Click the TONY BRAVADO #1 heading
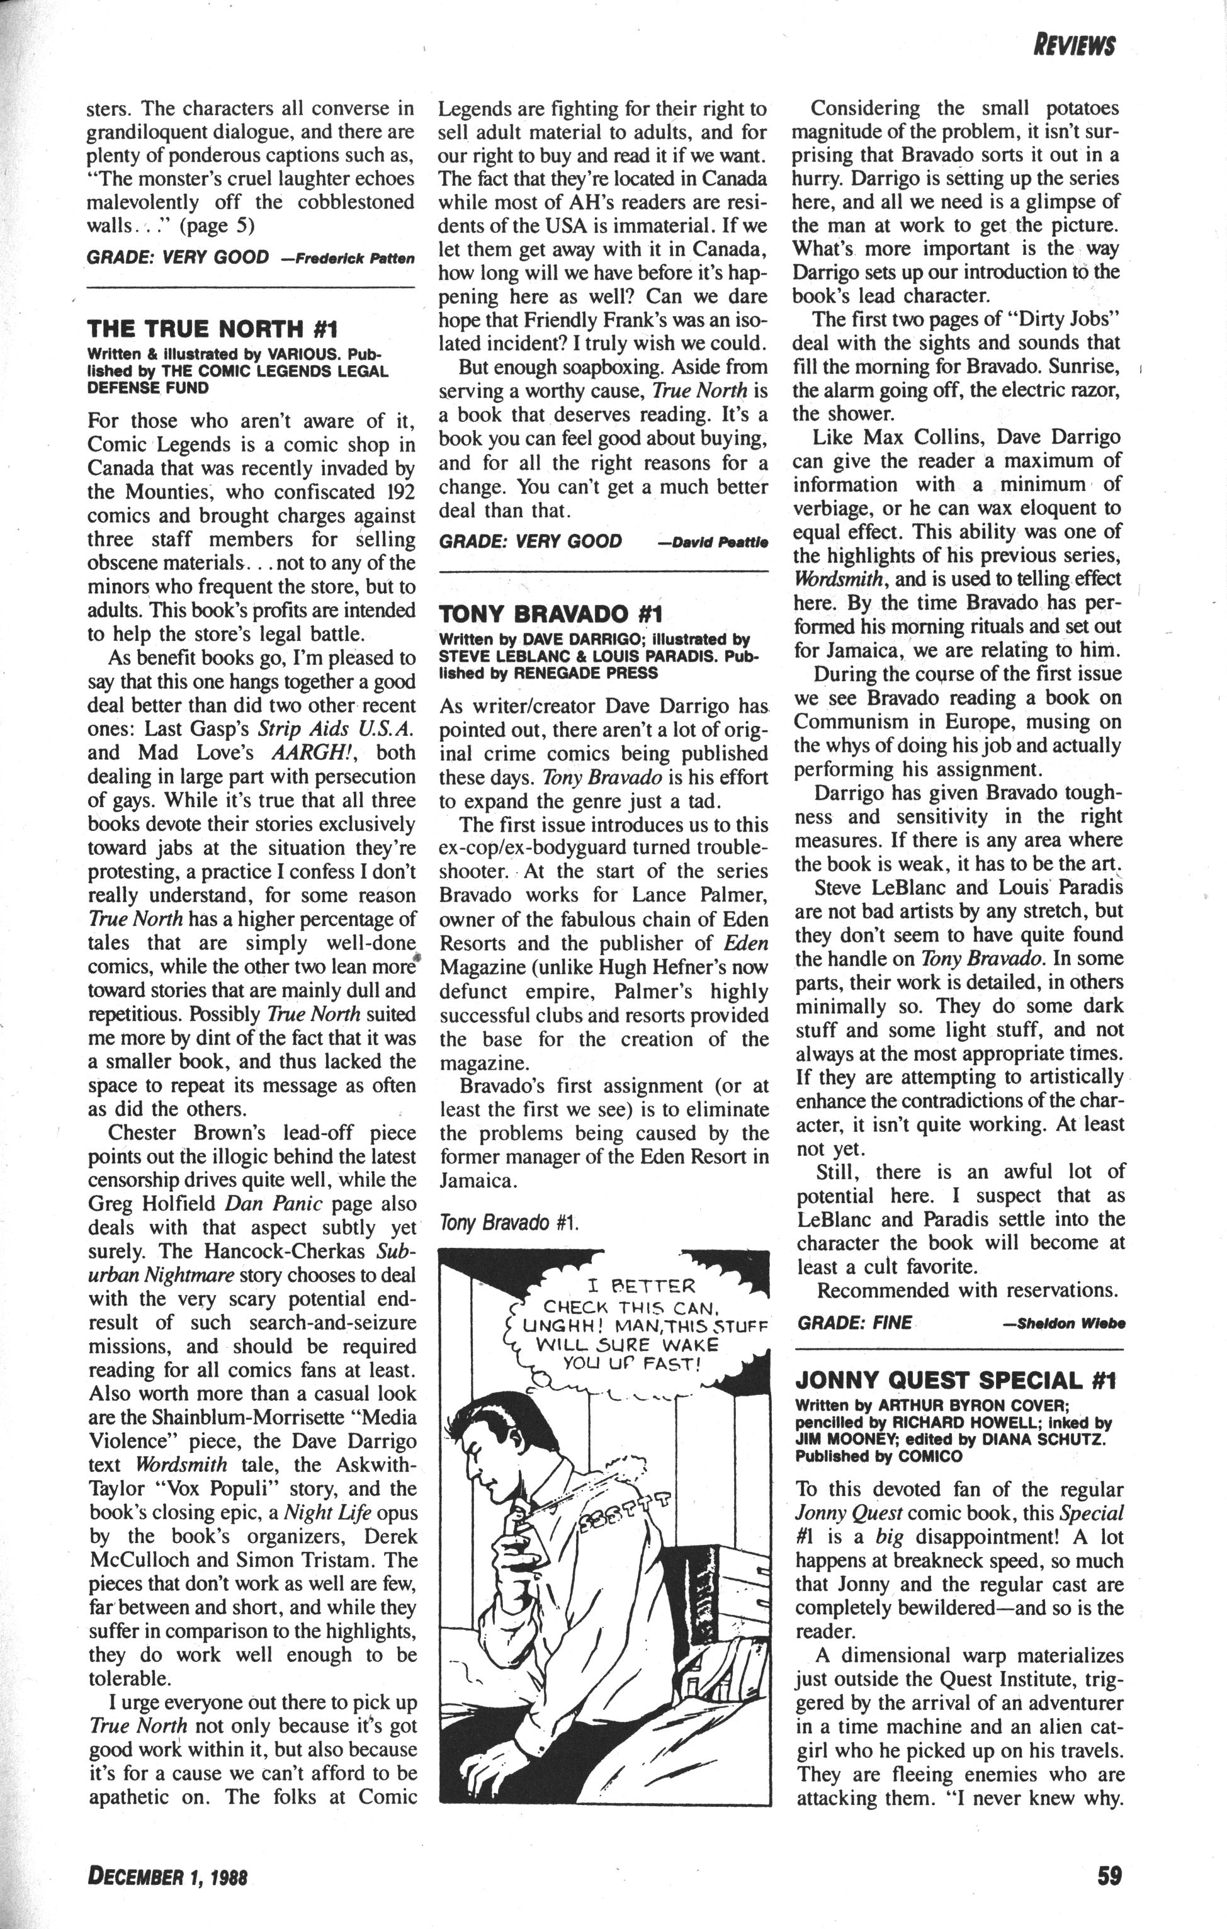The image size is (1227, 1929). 550,614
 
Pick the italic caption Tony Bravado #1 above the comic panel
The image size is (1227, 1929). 509,1223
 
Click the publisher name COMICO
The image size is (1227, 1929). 930,1456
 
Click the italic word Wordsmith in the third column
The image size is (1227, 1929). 839,579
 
